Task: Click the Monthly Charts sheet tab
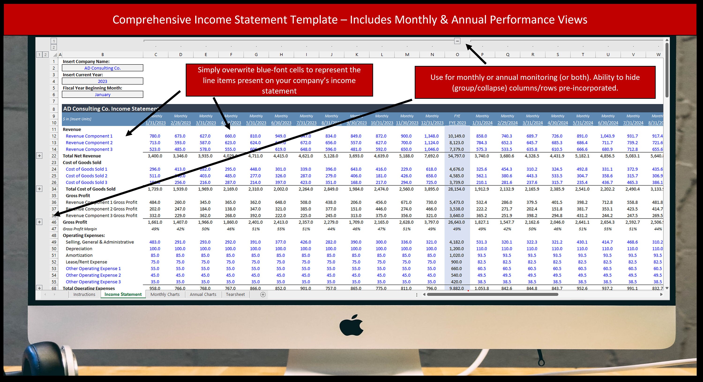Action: click(x=165, y=294)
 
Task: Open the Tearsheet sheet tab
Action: click(x=235, y=294)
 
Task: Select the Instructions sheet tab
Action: click(x=84, y=294)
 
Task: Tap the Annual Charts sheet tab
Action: click(x=203, y=294)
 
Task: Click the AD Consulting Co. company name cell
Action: click(x=102, y=68)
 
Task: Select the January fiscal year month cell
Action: click(x=102, y=95)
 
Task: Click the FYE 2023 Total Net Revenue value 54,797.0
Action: click(x=456, y=156)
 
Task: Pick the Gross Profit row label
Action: click(x=75, y=222)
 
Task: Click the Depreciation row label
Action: click(x=79, y=249)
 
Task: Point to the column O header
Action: click(x=457, y=55)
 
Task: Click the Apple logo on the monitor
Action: click(x=351, y=325)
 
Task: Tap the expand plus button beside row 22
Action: click(x=39, y=156)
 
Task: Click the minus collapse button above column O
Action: click(x=457, y=41)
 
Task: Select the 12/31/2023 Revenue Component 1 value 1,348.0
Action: click(x=431, y=136)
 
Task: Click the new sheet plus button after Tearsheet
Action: click(x=263, y=294)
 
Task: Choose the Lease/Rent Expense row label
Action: click(x=86, y=262)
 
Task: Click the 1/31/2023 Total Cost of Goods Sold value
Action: click(x=155, y=189)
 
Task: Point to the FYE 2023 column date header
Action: click(x=457, y=123)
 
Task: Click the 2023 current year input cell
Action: click(x=102, y=81)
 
